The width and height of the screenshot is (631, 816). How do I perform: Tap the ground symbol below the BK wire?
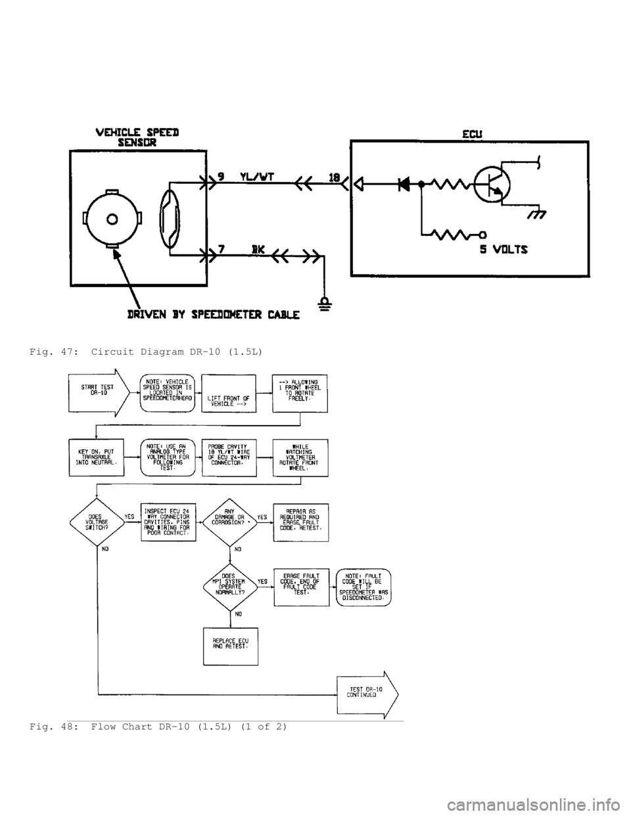323,304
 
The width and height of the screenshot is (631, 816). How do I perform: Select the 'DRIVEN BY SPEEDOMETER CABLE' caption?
214,315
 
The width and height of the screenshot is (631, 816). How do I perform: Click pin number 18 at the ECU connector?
335,176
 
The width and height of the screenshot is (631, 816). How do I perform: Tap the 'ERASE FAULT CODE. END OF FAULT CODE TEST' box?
301,586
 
